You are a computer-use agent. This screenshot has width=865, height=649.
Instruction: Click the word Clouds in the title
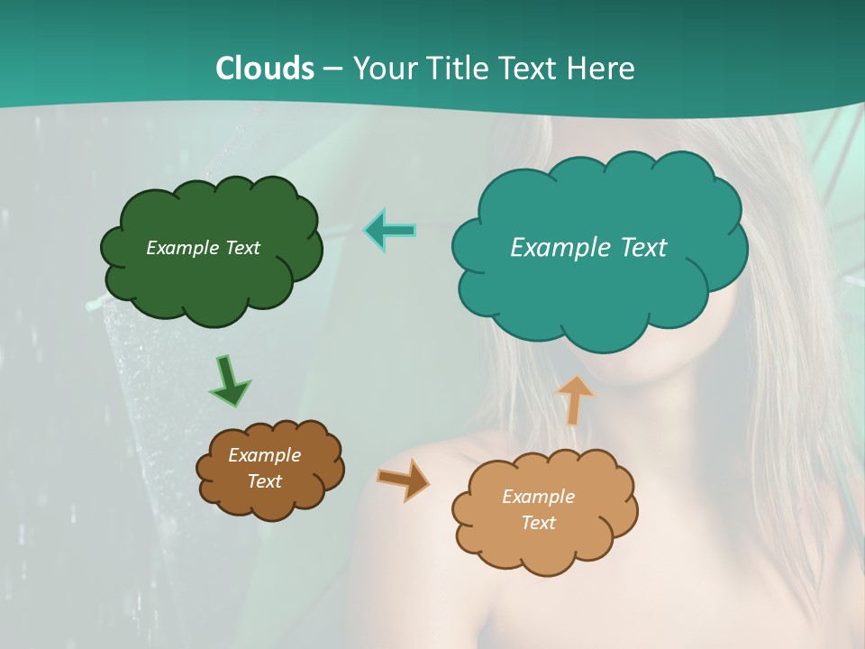[x=264, y=69]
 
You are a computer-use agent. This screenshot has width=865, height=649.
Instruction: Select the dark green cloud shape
[x=212, y=279]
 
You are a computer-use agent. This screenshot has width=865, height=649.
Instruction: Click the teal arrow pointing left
[x=389, y=231]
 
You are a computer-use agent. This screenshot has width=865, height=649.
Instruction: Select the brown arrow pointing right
[x=403, y=480]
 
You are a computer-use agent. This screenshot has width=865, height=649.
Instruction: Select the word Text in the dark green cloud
[x=242, y=248]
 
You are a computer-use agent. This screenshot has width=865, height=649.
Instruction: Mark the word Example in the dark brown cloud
[x=264, y=455]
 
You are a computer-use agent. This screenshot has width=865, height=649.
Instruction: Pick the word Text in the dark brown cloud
[x=264, y=481]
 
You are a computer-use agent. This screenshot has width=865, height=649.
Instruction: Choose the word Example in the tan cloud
[x=538, y=497]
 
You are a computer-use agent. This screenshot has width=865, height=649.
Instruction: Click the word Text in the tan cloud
[x=538, y=523]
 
